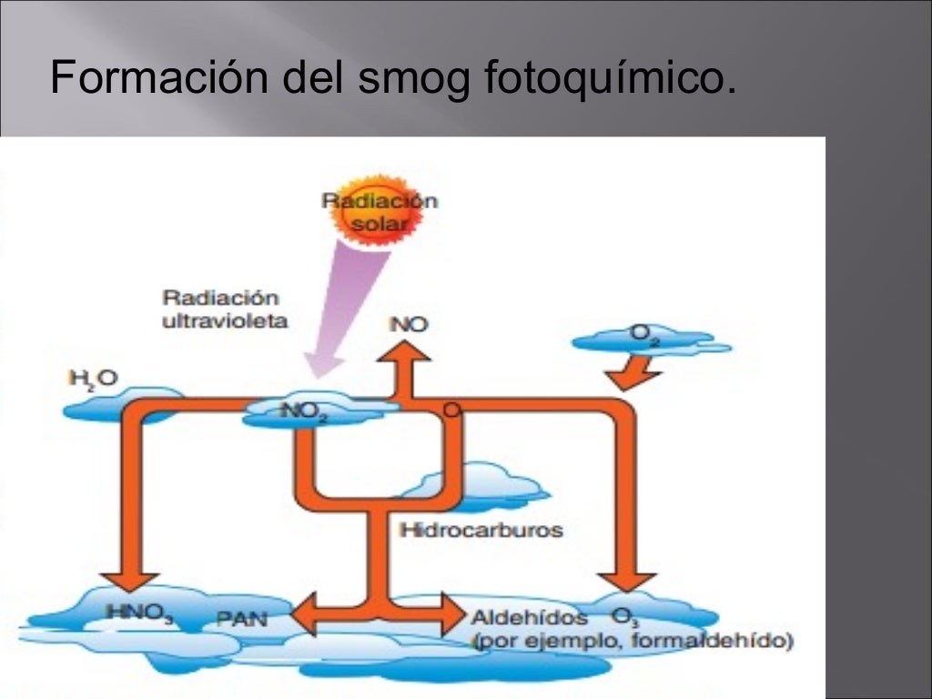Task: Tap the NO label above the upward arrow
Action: coord(409,324)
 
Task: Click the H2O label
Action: coord(94,377)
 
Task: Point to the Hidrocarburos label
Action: coord(481,529)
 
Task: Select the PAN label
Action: coord(241,620)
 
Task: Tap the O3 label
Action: coord(625,617)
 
